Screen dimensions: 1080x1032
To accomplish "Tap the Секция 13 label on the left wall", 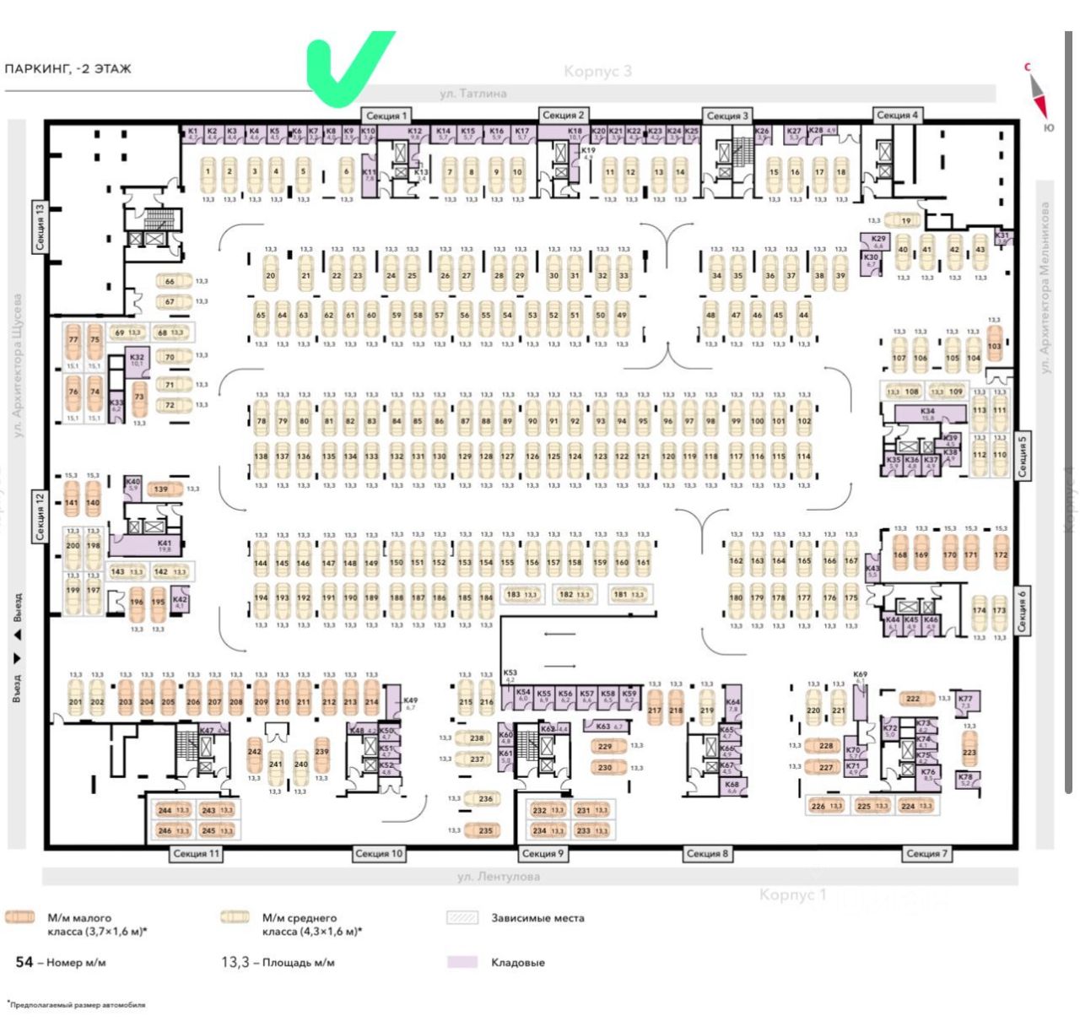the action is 39,227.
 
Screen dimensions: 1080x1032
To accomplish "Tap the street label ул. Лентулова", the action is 498,877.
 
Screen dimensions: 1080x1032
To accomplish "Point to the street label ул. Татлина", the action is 472,94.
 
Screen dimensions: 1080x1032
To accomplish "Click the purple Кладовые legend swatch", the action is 462,962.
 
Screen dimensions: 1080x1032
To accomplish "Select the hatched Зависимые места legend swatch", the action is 462,918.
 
